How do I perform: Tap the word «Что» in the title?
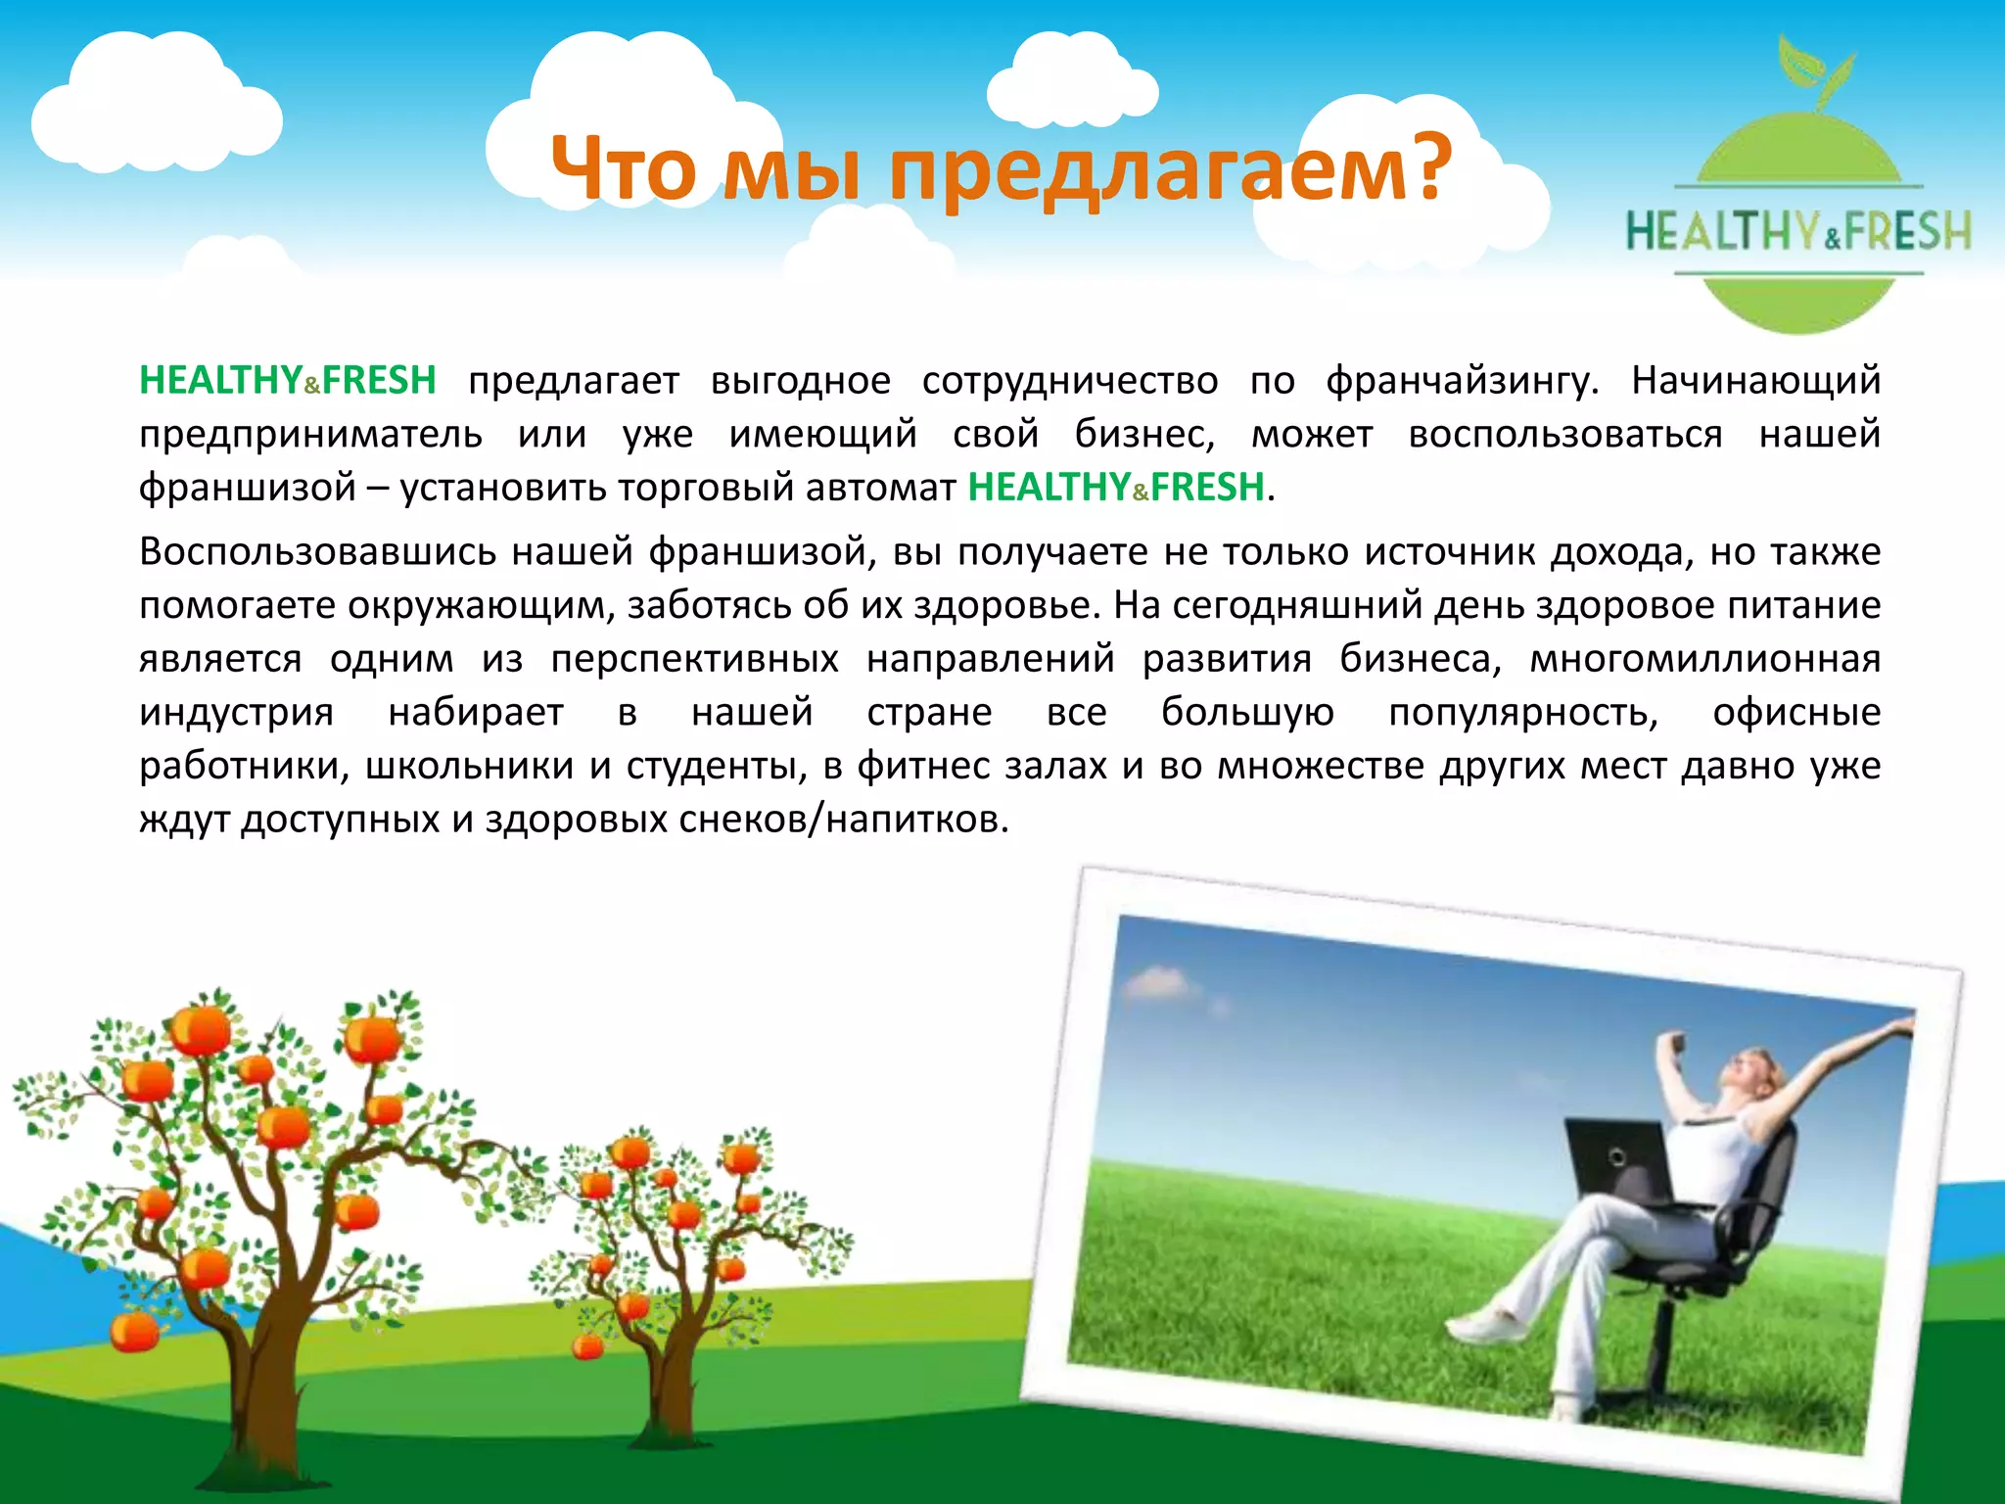[x=624, y=168]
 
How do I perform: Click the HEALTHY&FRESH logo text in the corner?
[x=1798, y=231]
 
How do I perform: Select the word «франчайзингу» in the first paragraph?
[x=1462, y=380]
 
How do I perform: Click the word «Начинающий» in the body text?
[x=1755, y=380]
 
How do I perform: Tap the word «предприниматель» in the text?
[x=310, y=434]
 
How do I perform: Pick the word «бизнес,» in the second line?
[x=1144, y=434]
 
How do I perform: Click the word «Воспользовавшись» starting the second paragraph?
[x=318, y=552]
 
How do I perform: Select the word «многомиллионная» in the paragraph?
[x=1704, y=659]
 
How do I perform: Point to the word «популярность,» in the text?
[x=1523, y=712]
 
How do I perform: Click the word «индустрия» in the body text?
[x=236, y=712]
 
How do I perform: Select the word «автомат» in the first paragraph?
[x=880, y=488]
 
